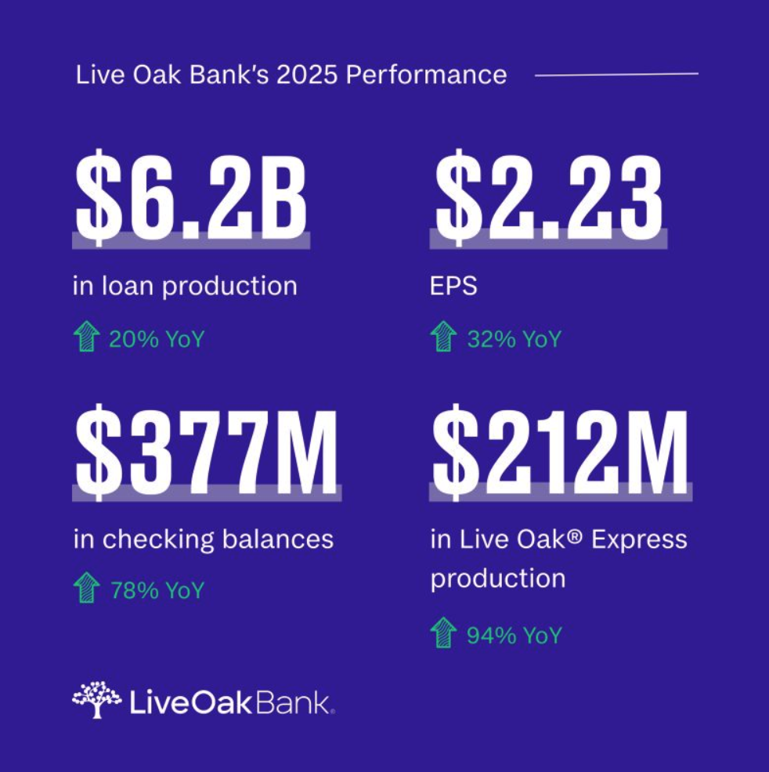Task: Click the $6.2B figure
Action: click(190, 200)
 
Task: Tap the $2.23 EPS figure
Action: click(548, 200)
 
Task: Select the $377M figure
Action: click(207, 452)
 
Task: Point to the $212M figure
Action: click(560, 452)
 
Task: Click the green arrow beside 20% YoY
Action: click(86, 338)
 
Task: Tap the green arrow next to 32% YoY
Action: click(443, 338)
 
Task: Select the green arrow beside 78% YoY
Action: click(86, 589)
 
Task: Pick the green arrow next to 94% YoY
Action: click(443, 634)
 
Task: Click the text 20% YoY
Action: click(157, 340)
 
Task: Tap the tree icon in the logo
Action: click(96, 699)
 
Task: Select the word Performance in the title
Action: click(426, 75)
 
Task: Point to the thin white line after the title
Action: click(616, 74)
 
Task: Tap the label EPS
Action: click(453, 286)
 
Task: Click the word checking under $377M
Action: click(153, 539)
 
